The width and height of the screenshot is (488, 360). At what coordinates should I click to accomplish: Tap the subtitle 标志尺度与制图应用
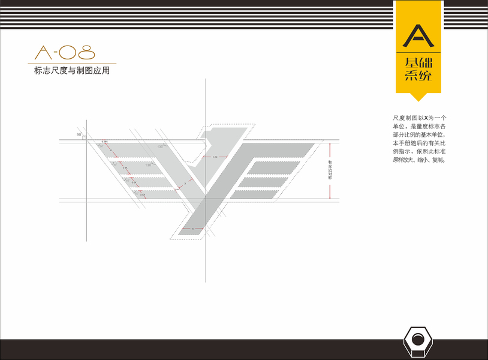point(73,71)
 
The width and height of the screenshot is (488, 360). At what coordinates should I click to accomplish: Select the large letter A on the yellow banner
point(418,35)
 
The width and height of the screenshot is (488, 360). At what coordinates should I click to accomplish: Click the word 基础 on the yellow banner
point(418,62)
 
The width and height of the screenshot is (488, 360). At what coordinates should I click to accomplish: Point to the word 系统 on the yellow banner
point(418,76)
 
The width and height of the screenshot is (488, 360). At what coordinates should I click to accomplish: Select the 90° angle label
point(79,135)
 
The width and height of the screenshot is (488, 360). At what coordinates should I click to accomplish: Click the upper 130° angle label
point(160,146)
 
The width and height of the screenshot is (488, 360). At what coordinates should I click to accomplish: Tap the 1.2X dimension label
point(215,157)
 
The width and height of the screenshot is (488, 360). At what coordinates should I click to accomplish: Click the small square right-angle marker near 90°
point(85,138)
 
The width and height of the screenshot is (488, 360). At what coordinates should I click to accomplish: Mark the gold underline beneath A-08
point(72,63)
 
